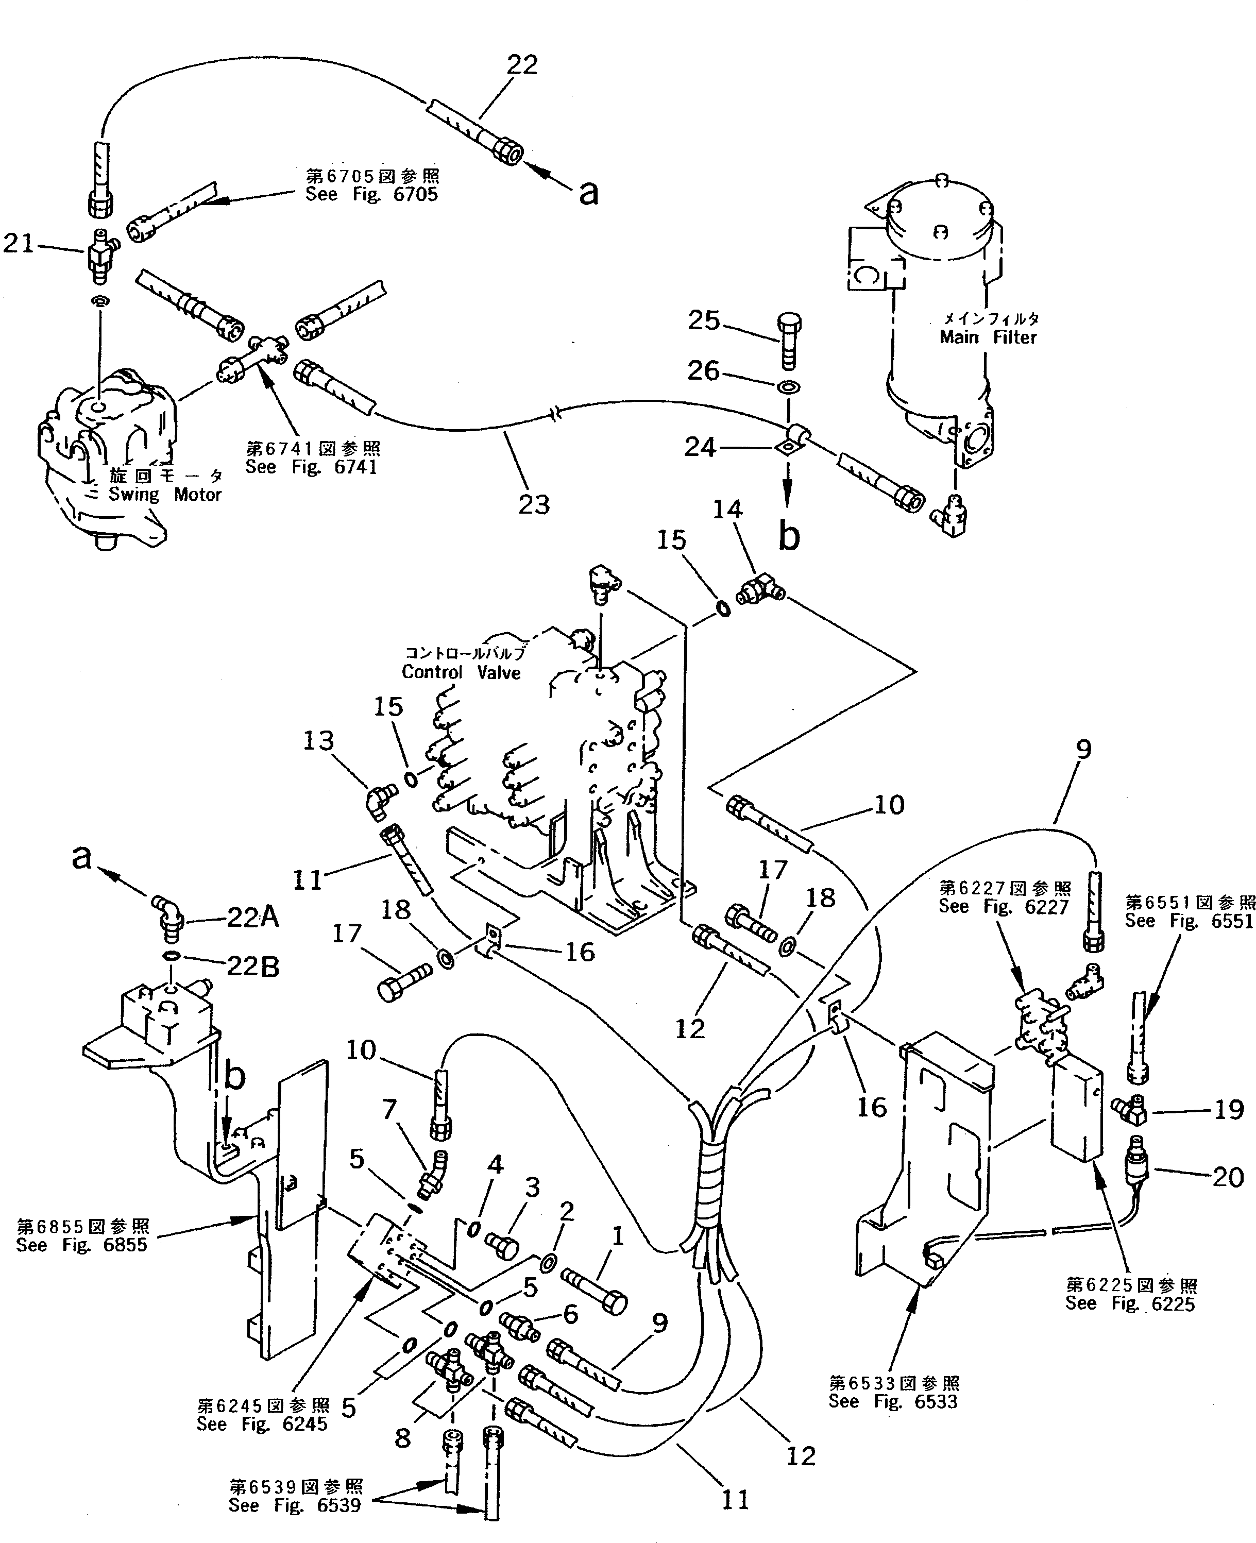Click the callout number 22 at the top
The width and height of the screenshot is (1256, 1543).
(x=522, y=65)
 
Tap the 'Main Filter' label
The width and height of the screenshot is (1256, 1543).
(x=988, y=337)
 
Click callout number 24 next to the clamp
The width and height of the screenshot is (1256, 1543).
(x=700, y=448)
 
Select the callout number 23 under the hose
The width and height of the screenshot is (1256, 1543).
(x=534, y=504)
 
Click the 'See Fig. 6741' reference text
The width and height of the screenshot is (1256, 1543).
(x=311, y=467)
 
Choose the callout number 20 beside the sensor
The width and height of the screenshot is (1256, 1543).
(x=1228, y=1177)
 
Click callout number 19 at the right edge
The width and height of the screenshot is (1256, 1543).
(x=1228, y=1109)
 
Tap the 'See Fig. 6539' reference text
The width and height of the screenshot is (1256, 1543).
(x=295, y=1505)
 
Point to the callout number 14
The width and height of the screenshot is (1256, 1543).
(x=728, y=510)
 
